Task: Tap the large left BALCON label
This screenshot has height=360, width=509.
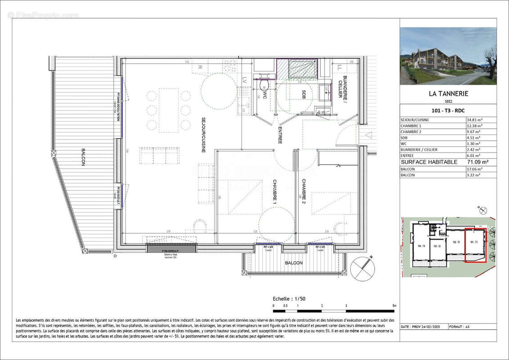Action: pyautogui.click(x=83, y=157)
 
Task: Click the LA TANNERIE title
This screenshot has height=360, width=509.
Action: pyautogui.click(x=448, y=94)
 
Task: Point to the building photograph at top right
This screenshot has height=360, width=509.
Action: pyautogui.click(x=448, y=56)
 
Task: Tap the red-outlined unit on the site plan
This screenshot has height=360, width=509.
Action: pyautogui.click(x=475, y=245)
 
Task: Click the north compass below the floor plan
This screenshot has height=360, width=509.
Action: pyautogui.click(x=362, y=269)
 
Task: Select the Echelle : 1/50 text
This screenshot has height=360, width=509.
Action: pyautogui.click(x=289, y=299)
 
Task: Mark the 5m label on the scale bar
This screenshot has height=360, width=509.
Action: pyautogui.click(x=394, y=306)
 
